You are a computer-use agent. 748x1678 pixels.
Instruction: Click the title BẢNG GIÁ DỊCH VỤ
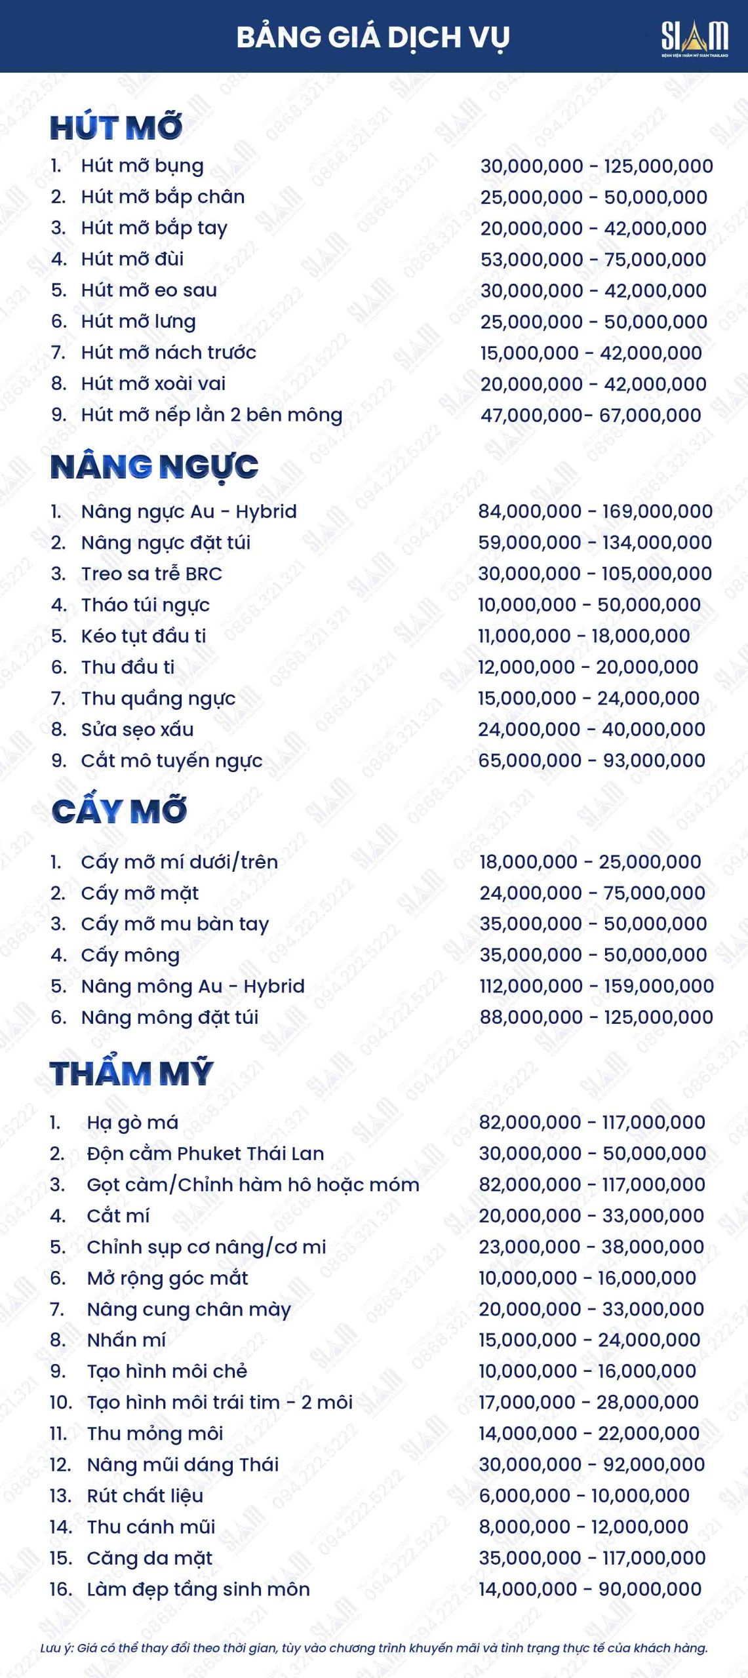[x=372, y=37]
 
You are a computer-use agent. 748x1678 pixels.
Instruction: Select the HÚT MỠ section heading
[x=116, y=127]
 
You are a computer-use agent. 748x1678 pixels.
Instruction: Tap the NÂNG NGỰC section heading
[x=155, y=467]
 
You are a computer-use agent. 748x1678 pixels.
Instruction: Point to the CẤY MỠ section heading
[x=119, y=811]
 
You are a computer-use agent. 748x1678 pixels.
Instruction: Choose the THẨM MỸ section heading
[x=132, y=1073]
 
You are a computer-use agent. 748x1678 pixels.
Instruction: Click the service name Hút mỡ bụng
[x=142, y=166]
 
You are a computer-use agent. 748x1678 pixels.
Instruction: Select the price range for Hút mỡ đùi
[x=593, y=259]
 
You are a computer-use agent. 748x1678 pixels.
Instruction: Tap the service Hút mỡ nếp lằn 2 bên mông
[x=212, y=415]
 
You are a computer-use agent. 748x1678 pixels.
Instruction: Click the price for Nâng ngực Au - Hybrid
[x=595, y=511]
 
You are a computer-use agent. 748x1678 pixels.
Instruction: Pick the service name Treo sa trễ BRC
[x=151, y=574]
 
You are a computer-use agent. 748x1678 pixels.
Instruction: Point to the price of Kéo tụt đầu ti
[x=583, y=636]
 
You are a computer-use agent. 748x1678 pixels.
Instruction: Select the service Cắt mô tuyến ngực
[x=172, y=760]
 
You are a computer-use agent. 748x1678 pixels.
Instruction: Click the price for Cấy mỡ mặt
[x=593, y=893]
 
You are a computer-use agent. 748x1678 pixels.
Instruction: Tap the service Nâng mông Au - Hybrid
[x=193, y=986]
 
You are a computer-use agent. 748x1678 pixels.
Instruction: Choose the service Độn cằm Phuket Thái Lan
[x=205, y=1154]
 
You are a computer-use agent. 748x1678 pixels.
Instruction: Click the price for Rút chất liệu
[x=584, y=1496]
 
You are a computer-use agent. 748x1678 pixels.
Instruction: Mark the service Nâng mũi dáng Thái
[x=183, y=1464]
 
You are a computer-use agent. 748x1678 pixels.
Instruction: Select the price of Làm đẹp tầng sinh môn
[x=590, y=1589]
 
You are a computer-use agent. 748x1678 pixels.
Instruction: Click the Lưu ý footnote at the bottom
[x=374, y=1648]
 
